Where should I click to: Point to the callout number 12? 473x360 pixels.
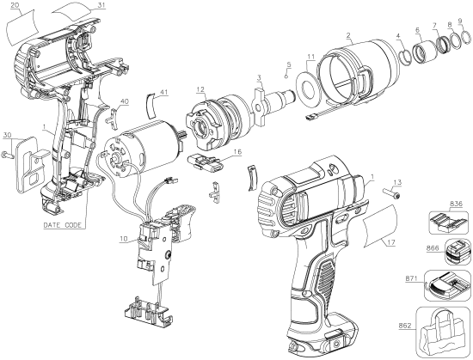coord(200,89)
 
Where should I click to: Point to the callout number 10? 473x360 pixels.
coord(124,238)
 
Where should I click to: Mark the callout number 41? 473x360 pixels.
coord(164,92)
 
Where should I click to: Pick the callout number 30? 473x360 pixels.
coord(7,135)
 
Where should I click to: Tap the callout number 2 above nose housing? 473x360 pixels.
coord(347,36)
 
